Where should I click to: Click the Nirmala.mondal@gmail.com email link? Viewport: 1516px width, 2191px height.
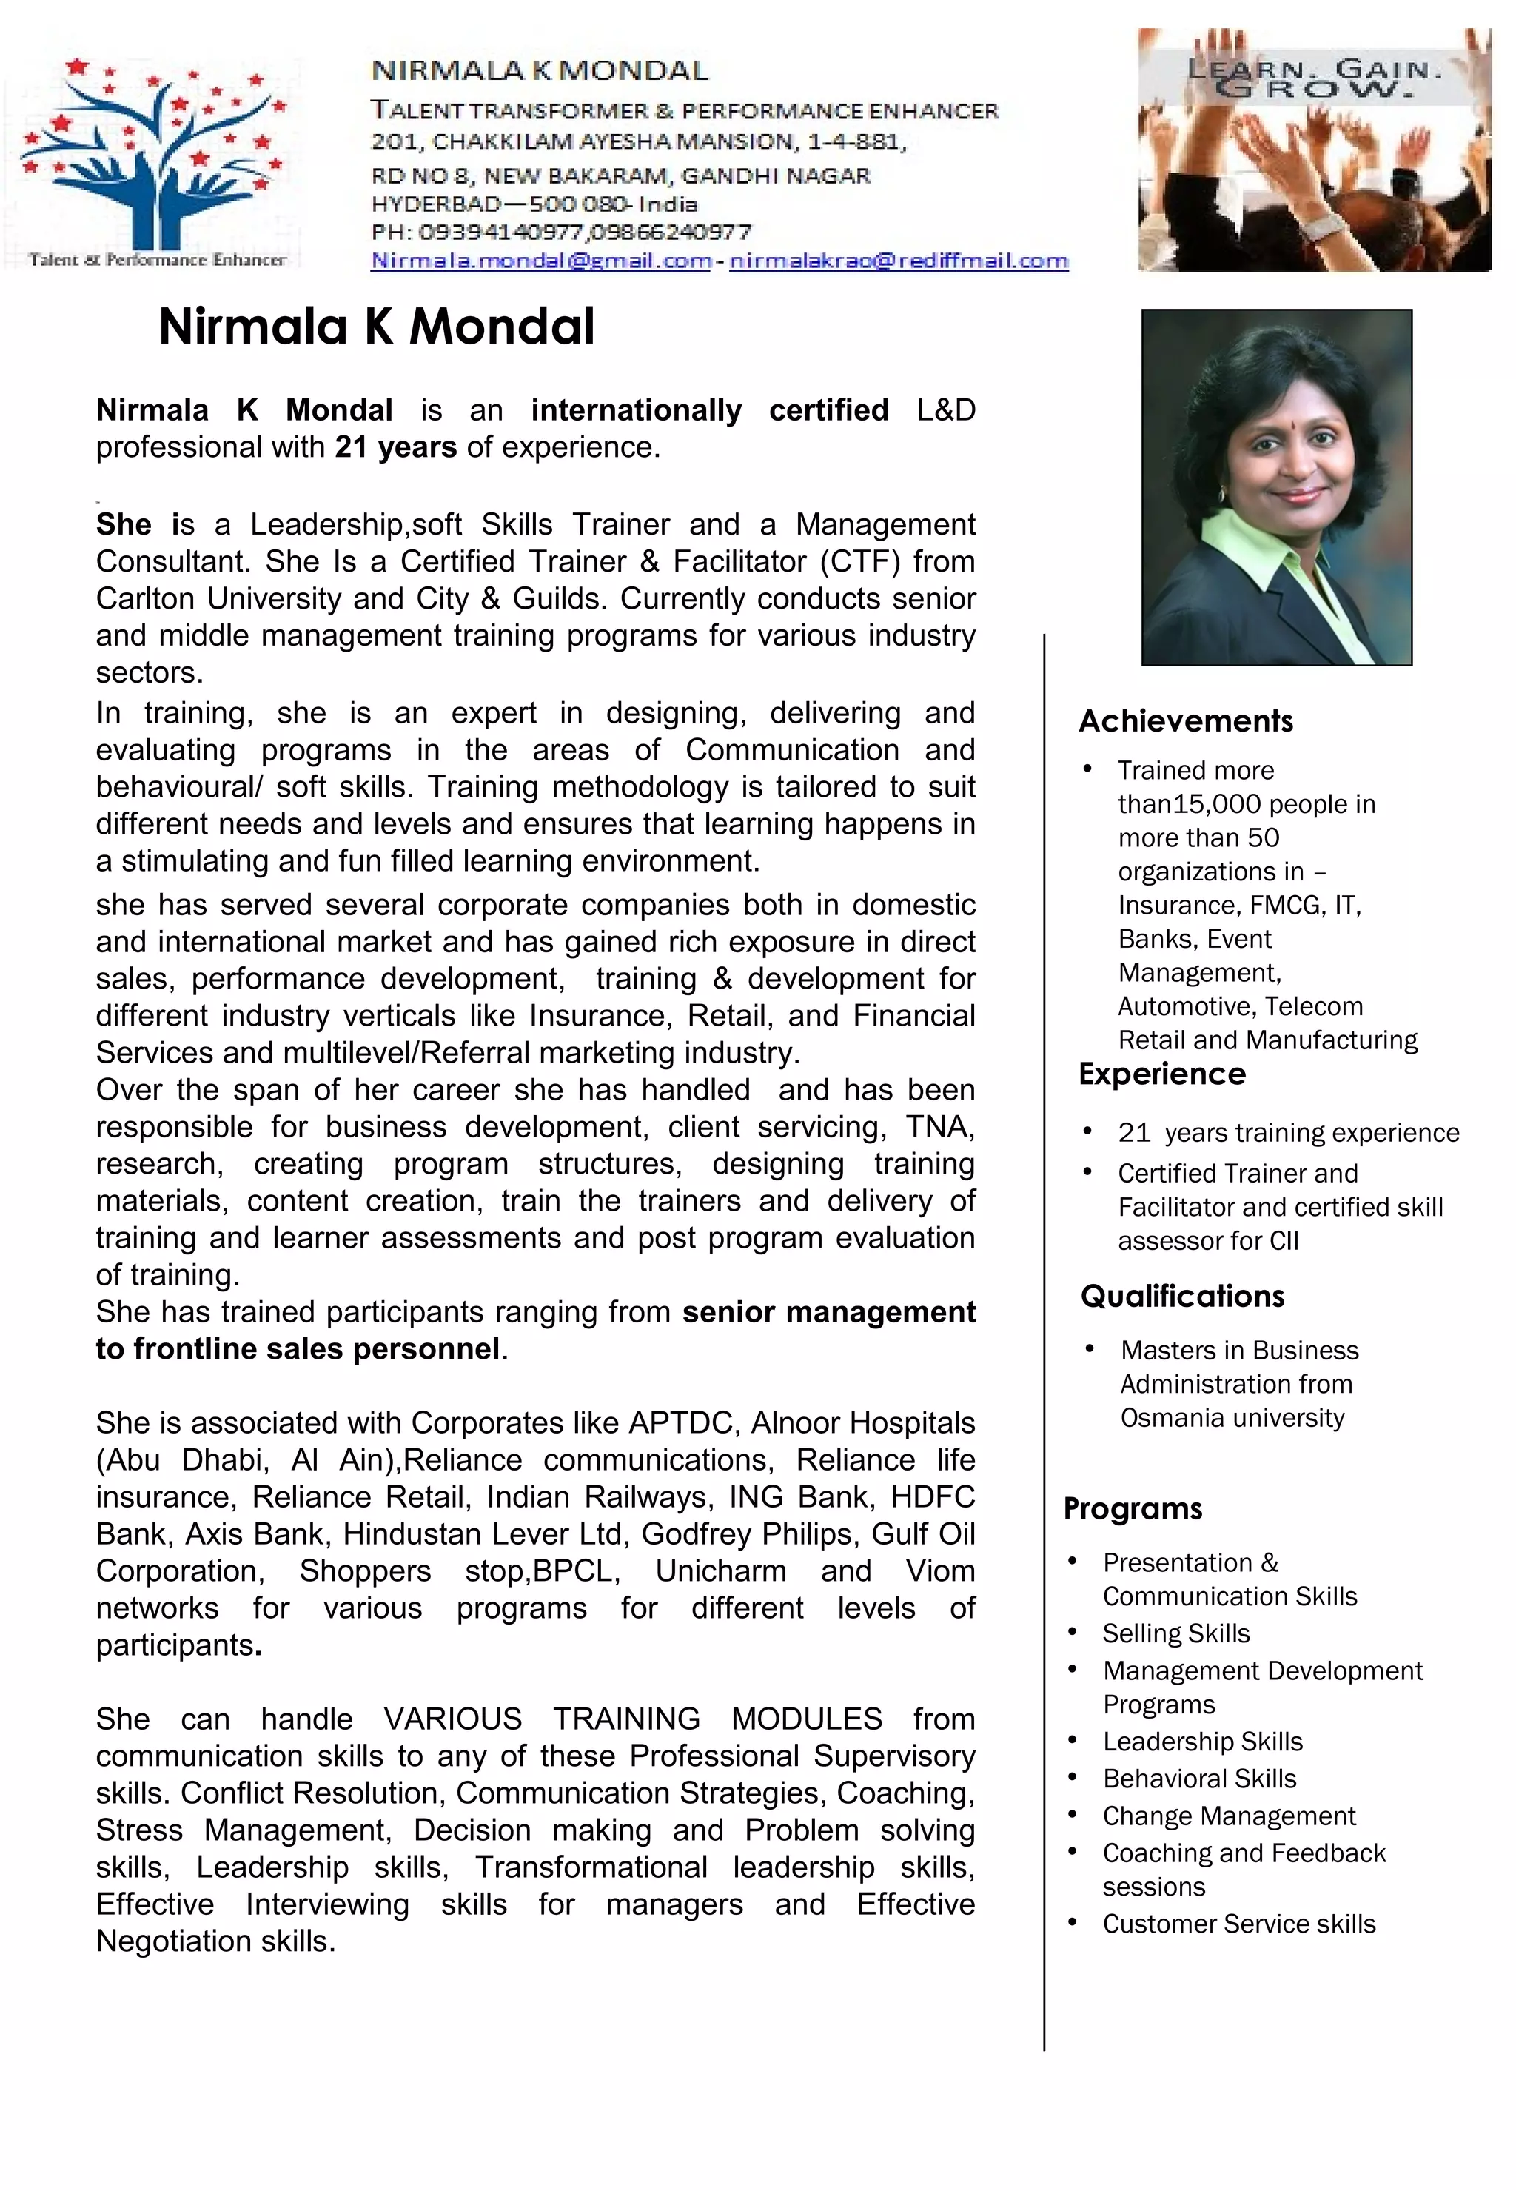(x=540, y=261)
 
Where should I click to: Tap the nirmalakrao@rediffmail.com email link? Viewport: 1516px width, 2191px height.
(x=899, y=261)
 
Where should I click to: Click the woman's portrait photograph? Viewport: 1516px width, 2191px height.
(x=1275, y=486)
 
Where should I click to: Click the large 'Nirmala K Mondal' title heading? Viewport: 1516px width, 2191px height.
(x=376, y=326)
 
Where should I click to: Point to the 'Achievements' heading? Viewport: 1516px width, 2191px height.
(x=1185, y=721)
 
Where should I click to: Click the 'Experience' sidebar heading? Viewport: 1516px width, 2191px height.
(x=1161, y=1074)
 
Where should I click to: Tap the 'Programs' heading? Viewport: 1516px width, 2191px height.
(x=1133, y=1509)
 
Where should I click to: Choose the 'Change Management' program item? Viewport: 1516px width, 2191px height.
(x=1228, y=1816)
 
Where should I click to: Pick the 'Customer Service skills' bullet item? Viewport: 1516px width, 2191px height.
(x=1238, y=1923)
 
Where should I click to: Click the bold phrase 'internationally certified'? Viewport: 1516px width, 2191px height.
(x=710, y=409)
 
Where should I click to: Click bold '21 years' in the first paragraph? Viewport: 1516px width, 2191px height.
(x=395, y=446)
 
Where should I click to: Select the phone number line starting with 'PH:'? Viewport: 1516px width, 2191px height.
(x=560, y=232)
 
